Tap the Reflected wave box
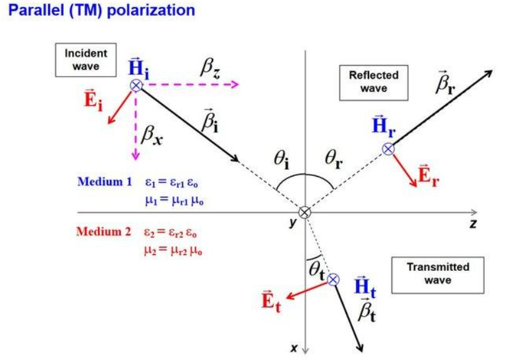pos(374,82)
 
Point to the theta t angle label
pos(316,268)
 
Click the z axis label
pos(472,225)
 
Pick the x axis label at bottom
pos(293,347)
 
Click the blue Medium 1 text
pos(104,182)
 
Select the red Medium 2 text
pos(104,231)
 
